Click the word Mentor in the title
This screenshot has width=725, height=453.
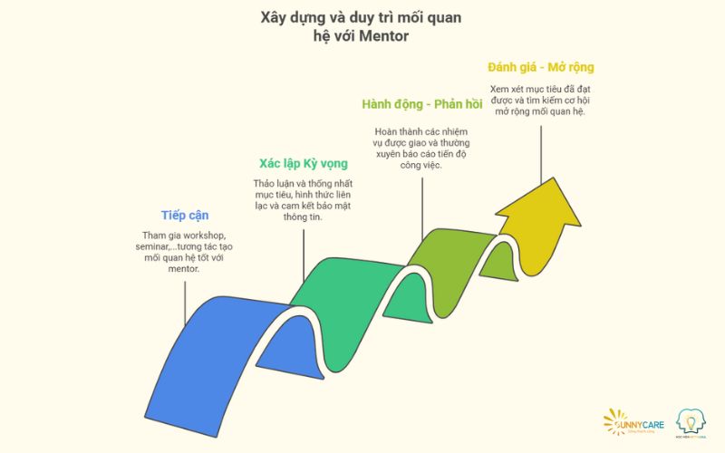[x=387, y=39]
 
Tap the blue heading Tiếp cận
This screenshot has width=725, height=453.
[x=184, y=215]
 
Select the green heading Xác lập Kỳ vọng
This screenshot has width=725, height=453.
[x=303, y=163]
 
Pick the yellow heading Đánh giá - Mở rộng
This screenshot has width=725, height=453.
[x=540, y=67]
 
